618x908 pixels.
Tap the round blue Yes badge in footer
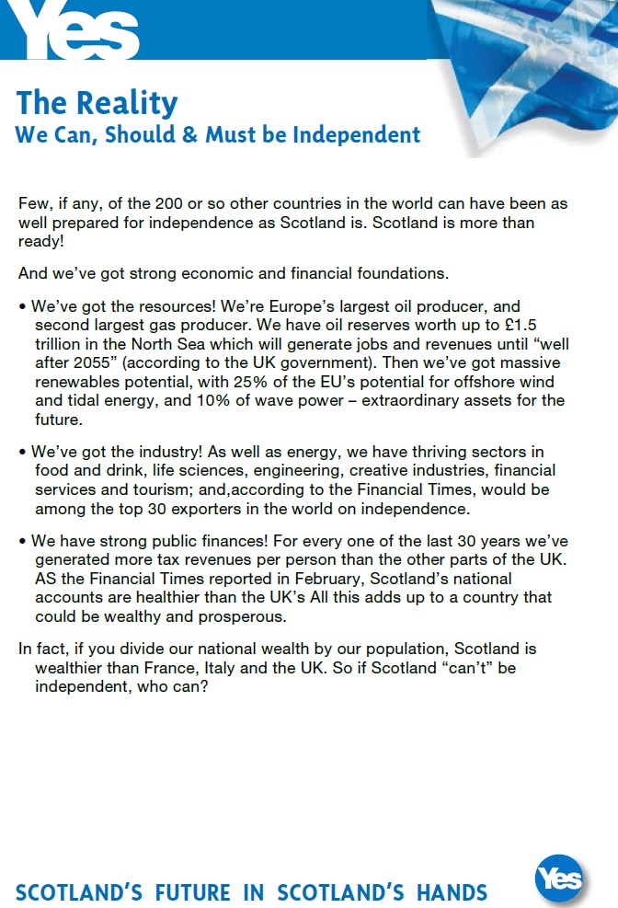pyautogui.click(x=559, y=879)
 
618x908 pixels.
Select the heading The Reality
pyautogui.click(x=97, y=102)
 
